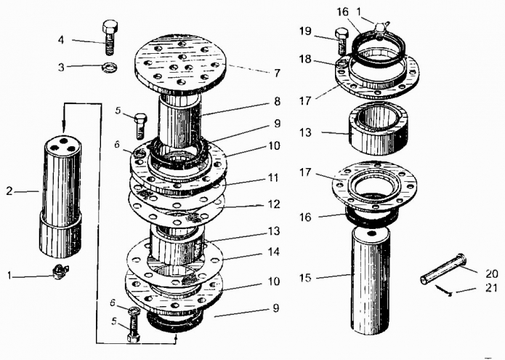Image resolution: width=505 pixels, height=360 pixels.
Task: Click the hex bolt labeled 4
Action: point(110,37)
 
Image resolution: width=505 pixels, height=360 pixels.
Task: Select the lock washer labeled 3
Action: point(109,67)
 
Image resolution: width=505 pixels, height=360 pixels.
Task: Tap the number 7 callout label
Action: point(278,73)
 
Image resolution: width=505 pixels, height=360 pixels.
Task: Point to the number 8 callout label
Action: point(277,101)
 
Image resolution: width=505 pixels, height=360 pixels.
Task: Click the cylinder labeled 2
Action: point(60,197)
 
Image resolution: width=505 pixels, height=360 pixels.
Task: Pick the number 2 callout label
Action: point(9,191)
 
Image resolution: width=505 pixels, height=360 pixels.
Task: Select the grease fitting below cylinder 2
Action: point(60,271)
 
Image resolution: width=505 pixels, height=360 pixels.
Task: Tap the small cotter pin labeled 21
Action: point(444,289)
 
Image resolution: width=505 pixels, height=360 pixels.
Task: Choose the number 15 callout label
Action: point(306,278)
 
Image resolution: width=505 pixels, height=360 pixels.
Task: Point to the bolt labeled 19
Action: point(342,41)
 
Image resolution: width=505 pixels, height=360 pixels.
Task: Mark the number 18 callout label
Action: point(305,60)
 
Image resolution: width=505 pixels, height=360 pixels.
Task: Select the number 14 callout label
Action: point(273,252)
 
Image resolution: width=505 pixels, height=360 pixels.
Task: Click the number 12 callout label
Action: point(274,204)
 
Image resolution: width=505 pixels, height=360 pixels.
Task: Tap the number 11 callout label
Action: point(273,177)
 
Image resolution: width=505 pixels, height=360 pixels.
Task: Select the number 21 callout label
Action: point(491,287)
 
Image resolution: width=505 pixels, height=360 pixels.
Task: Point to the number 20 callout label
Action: point(491,273)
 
